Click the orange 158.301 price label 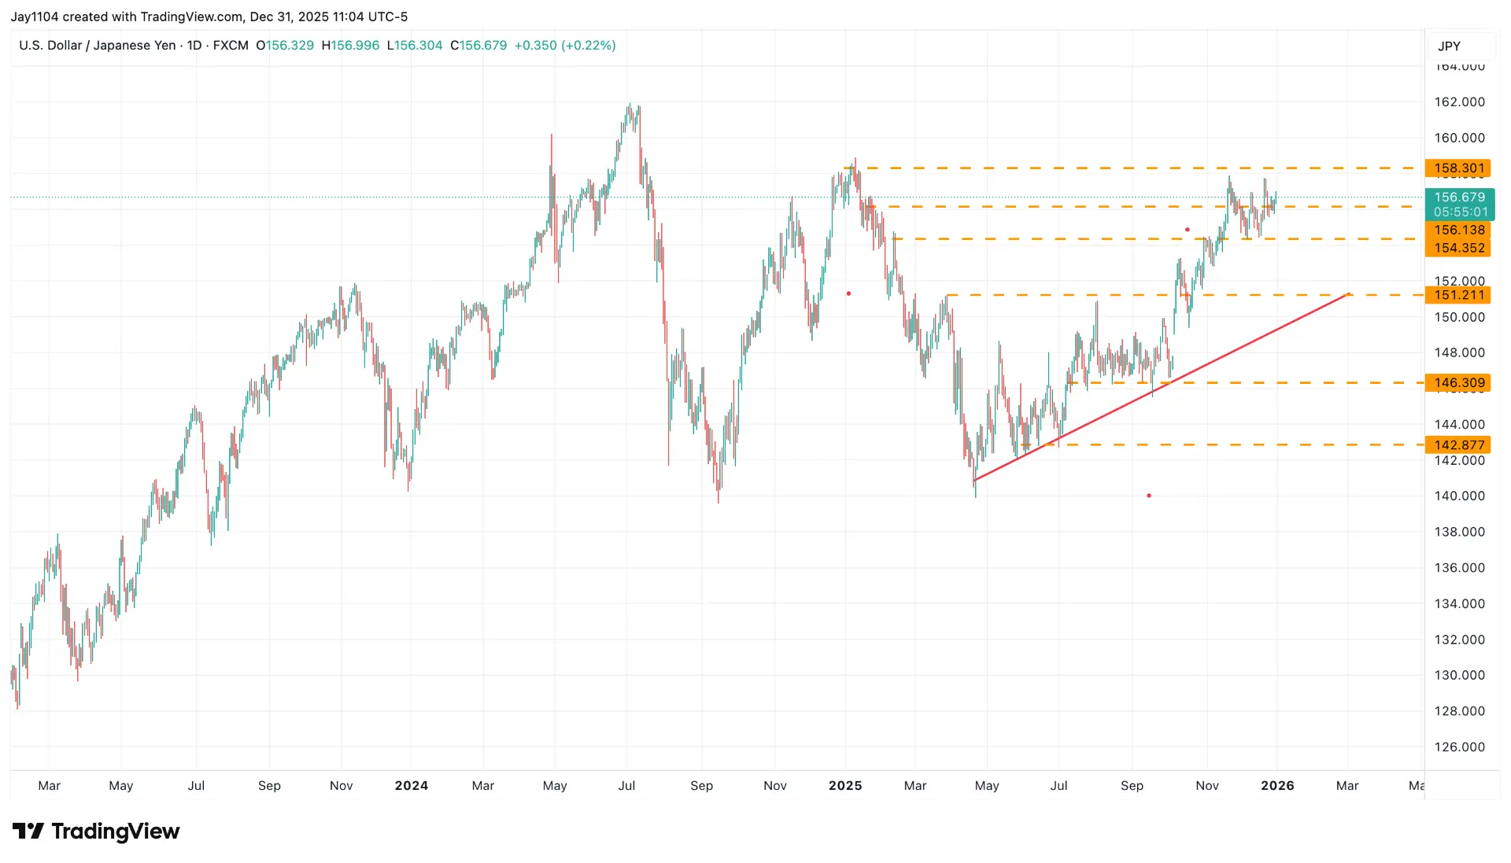(1458, 168)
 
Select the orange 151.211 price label (1458, 295)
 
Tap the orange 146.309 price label (1458, 382)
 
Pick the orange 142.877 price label (1458, 444)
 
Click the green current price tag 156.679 (1459, 197)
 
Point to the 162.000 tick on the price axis (1459, 101)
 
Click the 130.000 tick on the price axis (1459, 675)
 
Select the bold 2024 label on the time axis (411, 785)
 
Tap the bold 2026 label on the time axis (1276, 785)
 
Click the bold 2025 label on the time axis (844, 785)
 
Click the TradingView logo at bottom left (96, 831)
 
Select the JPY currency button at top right (1449, 46)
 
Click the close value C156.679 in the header (478, 46)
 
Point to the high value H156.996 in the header (350, 46)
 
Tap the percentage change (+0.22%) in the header (588, 46)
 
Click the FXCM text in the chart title (231, 46)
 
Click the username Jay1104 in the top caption (32, 17)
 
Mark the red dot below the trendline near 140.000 (1149, 496)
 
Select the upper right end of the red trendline (1349, 294)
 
